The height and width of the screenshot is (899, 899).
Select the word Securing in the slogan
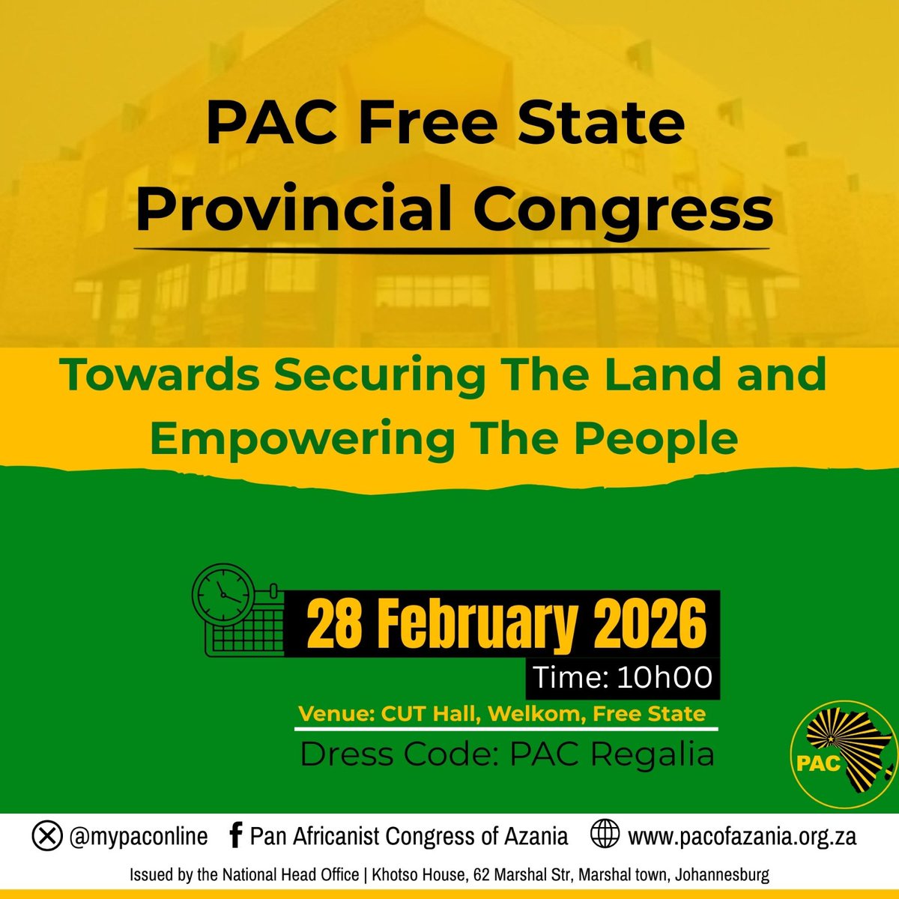(378, 375)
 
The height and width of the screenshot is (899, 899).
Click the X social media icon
(46, 836)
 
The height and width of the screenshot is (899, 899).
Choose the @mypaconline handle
(138, 836)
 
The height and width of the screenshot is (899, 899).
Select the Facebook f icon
(234, 836)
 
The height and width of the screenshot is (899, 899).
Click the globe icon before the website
(604, 836)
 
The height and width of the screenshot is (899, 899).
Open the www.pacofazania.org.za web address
(742, 836)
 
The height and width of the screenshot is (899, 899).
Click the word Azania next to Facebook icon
(530, 836)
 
